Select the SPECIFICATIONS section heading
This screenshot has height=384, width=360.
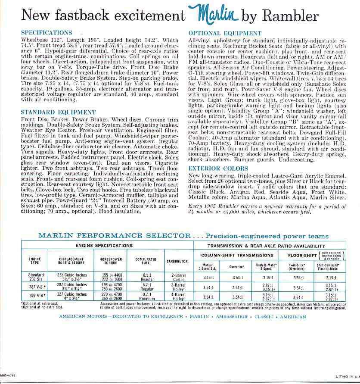pyautogui.click(x=47, y=33)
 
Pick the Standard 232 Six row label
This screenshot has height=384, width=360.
pyautogui.click(x=36, y=277)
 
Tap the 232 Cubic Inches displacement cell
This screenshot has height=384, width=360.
pyautogui.click(x=75, y=275)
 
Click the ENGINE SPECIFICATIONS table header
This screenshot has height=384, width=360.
pyautogui.click(x=104, y=245)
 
